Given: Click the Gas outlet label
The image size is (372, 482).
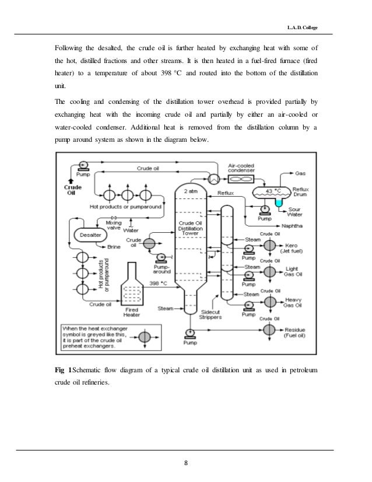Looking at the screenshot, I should tap(301, 173).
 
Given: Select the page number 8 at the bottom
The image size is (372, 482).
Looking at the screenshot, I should tap(185, 463).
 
